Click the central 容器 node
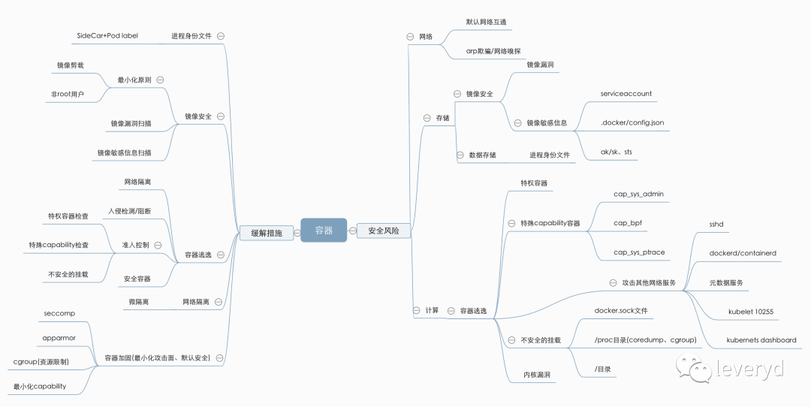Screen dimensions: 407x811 [324, 231]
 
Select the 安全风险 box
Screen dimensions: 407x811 [383, 231]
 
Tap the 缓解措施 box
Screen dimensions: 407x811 [267, 233]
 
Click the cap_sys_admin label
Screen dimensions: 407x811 [638, 194]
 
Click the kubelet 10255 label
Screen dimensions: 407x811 [751, 311]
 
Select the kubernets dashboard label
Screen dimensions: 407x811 [761, 340]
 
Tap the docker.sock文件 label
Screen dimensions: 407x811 [620, 310]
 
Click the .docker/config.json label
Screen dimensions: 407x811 [632, 122]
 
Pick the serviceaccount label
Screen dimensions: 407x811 [626, 94]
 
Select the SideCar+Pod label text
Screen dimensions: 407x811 [107, 35]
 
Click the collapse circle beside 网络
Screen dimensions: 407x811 [409, 36]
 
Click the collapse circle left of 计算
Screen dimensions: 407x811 [416, 310]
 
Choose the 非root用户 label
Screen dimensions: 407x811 [68, 95]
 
